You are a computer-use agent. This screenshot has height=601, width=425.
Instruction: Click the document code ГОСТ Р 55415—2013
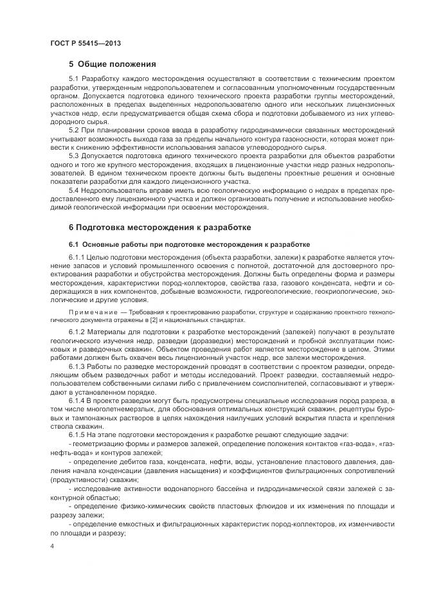coord(85,43)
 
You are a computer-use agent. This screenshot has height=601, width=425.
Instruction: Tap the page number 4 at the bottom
coord(51,546)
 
